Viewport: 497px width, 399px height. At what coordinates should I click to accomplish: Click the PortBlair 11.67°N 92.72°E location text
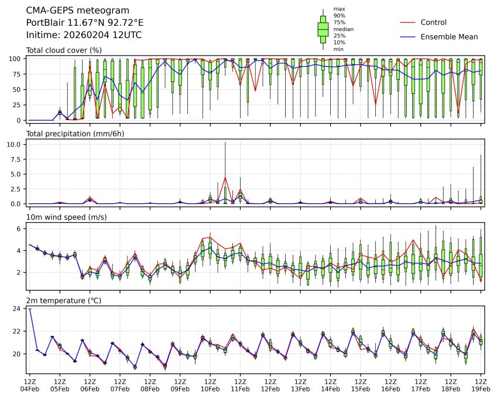pyautogui.click(x=85, y=23)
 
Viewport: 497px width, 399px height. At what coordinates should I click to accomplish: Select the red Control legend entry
pyautogui.click(x=433, y=22)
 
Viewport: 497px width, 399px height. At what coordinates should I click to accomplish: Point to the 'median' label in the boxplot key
pyautogui.click(x=343, y=29)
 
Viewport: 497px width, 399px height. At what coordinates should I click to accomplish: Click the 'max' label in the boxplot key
pyautogui.click(x=338, y=9)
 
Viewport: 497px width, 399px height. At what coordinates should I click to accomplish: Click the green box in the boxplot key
pyautogui.click(x=323, y=29)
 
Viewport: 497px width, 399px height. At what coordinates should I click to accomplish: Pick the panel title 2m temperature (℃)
pyautogui.click(x=64, y=301)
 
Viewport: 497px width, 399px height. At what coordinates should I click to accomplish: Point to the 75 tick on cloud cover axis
pyautogui.click(x=18, y=74)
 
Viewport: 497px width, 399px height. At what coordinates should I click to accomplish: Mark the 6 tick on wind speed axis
pyautogui.click(x=19, y=229)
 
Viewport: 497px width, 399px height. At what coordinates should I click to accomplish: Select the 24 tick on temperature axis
pyautogui.click(x=18, y=309)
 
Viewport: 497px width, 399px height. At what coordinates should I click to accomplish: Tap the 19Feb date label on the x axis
pyautogui.click(x=481, y=388)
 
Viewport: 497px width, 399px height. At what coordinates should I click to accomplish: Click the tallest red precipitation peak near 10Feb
pyautogui.click(x=225, y=178)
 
